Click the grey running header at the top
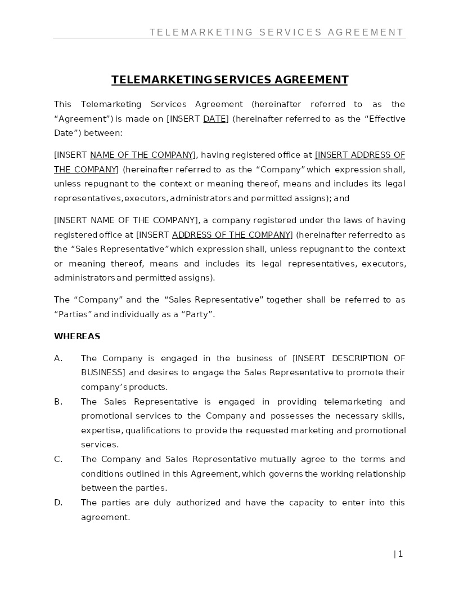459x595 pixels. click(277, 32)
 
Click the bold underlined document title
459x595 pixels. click(229, 79)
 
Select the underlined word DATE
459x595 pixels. click(214, 119)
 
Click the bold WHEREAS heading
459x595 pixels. click(77, 336)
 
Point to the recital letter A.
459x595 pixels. click(58, 358)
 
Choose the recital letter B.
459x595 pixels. click(58, 402)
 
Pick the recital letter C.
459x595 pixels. click(58, 459)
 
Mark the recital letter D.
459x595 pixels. click(58, 503)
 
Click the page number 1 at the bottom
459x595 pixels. click(400, 554)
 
